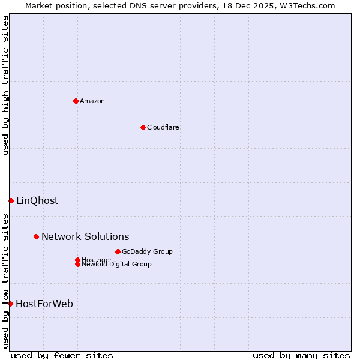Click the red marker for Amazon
[76, 101]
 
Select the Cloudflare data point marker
[143, 127]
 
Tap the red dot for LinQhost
[11, 200]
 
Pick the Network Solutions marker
[36, 236]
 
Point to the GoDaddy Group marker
[118, 251]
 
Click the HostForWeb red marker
[10, 304]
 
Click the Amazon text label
[92, 101]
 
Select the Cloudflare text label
[163, 127]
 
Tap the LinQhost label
[37, 201]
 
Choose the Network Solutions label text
[85, 237]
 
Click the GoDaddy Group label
[147, 252]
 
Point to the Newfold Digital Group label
[116, 265]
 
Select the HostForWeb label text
[44, 304]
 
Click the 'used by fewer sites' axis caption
[62, 355]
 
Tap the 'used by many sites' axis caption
[301, 355]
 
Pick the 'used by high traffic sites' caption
[5, 85]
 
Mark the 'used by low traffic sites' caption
[5, 281]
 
